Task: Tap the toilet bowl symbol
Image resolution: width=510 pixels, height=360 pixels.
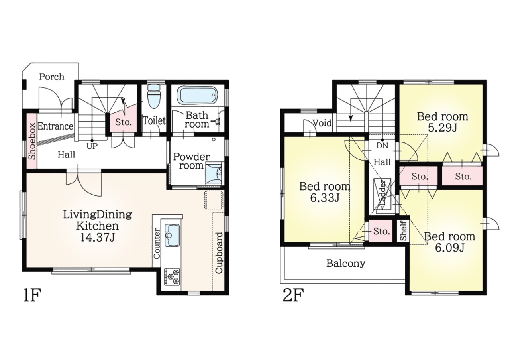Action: (154, 96)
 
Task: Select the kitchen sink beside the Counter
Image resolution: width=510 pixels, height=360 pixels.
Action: (172, 235)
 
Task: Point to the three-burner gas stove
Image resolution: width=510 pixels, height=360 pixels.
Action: (172, 277)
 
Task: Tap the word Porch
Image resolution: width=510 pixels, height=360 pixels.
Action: (52, 77)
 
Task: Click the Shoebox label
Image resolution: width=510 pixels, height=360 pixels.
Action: (32, 141)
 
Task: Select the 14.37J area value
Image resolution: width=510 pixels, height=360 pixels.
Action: (97, 238)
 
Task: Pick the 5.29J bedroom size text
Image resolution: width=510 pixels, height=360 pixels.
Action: (443, 128)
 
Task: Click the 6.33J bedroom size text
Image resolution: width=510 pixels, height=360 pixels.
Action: (325, 198)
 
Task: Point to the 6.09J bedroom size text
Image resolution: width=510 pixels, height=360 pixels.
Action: (450, 248)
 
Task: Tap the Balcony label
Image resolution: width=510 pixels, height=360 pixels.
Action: (345, 264)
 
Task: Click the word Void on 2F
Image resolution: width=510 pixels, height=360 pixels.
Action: (322, 123)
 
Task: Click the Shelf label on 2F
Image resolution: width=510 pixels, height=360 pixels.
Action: (403, 230)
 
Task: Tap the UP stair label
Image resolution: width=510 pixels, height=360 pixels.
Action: (92, 146)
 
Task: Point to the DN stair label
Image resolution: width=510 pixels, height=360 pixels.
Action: (382, 146)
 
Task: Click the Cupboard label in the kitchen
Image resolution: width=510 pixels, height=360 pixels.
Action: (219, 253)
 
